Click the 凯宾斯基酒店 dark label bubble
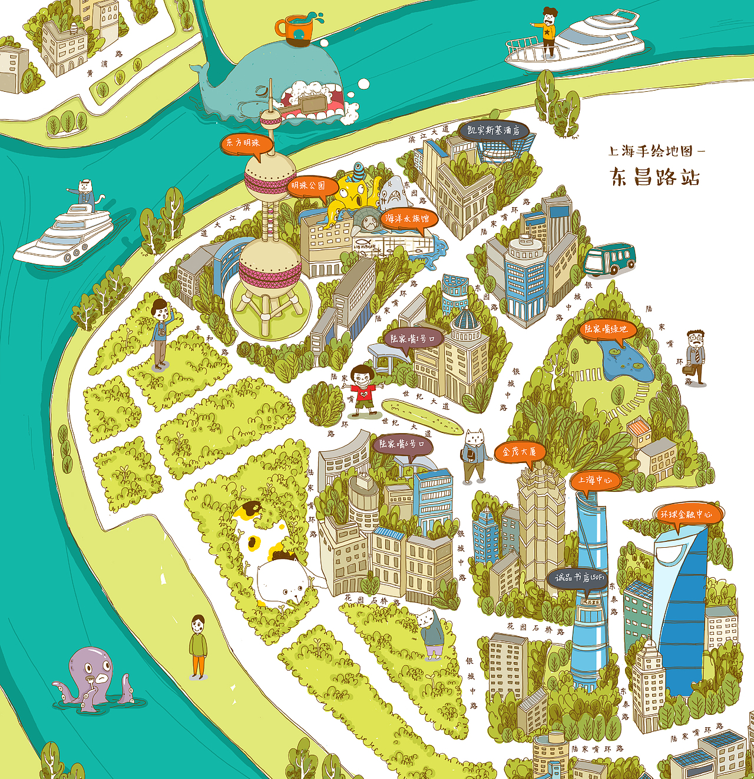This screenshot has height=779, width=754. point(493,131)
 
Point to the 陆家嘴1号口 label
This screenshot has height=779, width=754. point(412,339)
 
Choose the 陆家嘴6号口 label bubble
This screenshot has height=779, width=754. point(402,445)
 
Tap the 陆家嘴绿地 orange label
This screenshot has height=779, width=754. point(606,329)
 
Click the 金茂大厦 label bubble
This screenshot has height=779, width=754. point(520,452)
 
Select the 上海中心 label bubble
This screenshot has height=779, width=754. point(596,480)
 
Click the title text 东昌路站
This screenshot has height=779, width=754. point(655,177)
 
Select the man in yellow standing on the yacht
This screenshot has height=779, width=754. point(549,32)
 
